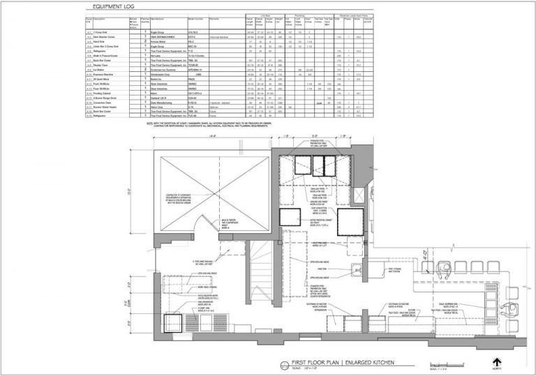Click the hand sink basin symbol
click(x=358, y=271)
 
